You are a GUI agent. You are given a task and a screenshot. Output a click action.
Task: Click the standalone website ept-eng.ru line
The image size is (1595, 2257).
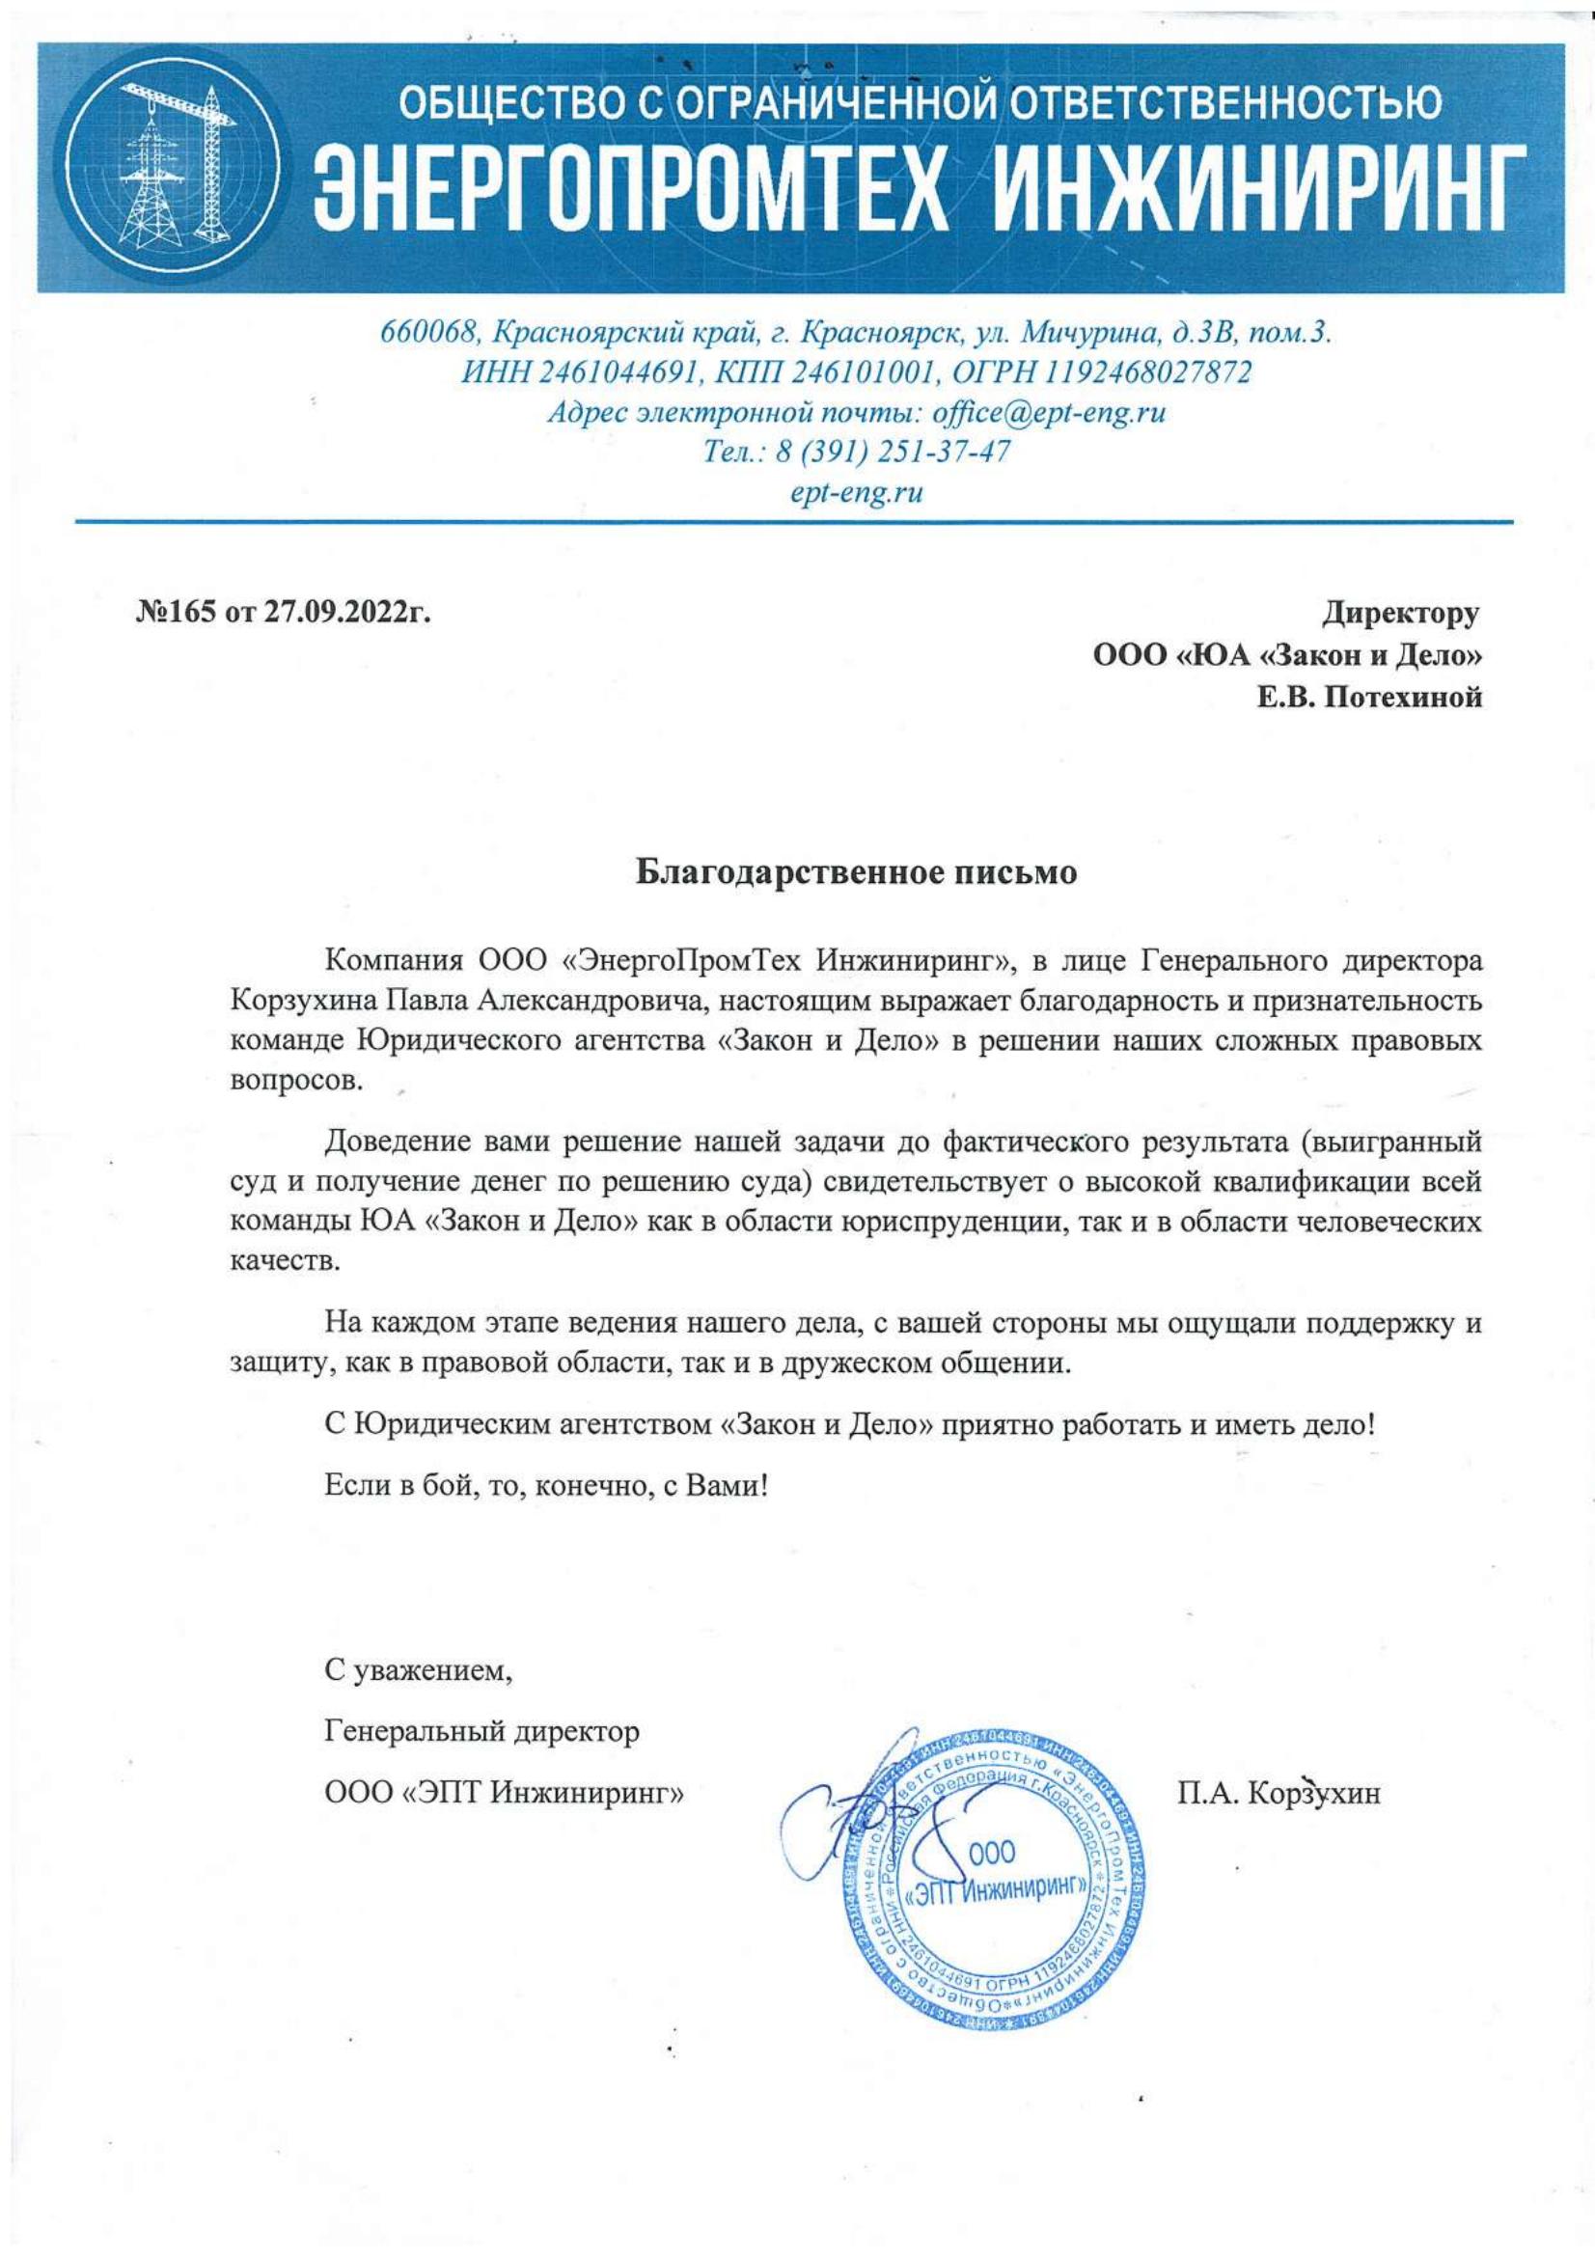857,492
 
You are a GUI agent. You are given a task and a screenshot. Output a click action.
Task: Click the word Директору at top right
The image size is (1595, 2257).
1399,614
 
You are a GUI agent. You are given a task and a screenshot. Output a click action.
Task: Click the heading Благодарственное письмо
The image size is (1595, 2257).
855,873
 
